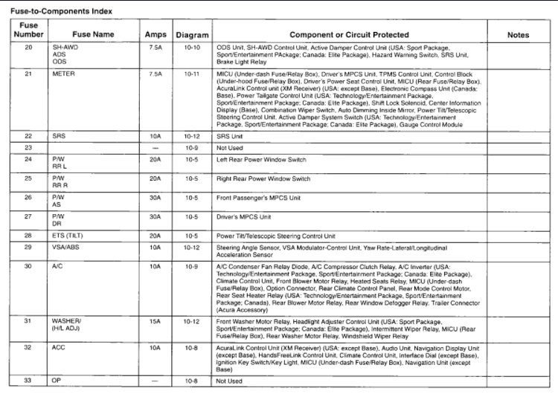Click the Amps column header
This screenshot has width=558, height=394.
coord(155,35)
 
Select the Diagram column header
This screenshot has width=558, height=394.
coord(192,35)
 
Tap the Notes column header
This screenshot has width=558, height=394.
coord(518,35)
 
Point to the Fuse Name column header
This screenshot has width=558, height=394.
coord(94,35)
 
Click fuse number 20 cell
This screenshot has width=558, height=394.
coord(29,46)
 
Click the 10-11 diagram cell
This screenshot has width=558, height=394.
coord(192,74)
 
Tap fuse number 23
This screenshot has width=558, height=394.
coord(29,149)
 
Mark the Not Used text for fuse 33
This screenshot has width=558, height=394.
coord(231,381)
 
